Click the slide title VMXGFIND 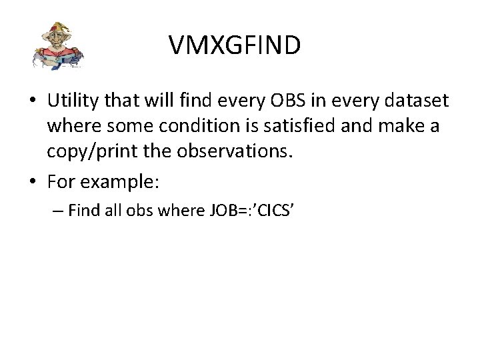coord(235,45)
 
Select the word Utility coord(71,101)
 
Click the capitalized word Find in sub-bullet coord(82,212)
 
